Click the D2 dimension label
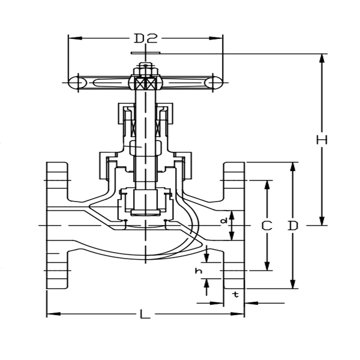(x=145, y=38)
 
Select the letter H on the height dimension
(x=322, y=140)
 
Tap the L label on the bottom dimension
(x=144, y=314)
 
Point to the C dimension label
(x=267, y=226)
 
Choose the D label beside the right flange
(x=293, y=226)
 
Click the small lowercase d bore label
(x=224, y=221)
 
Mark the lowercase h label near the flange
(x=198, y=271)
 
